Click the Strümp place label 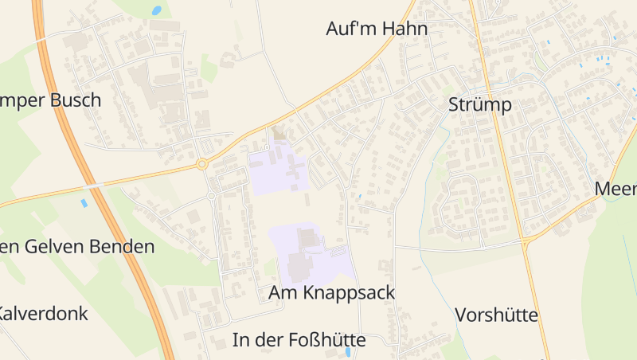[x=479, y=105]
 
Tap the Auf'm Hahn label [x=377, y=29]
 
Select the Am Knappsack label [x=332, y=292]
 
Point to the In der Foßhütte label [x=299, y=340]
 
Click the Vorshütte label [x=497, y=315]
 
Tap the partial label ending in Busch [x=49, y=100]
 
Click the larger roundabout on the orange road [x=202, y=164]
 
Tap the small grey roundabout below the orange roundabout [x=212, y=195]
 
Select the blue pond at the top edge [x=157, y=11]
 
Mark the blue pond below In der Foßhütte [x=348, y=352]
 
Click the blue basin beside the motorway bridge [x=84, y=203]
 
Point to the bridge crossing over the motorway [x=95, y=186]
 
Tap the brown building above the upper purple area [x=278, y=132]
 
